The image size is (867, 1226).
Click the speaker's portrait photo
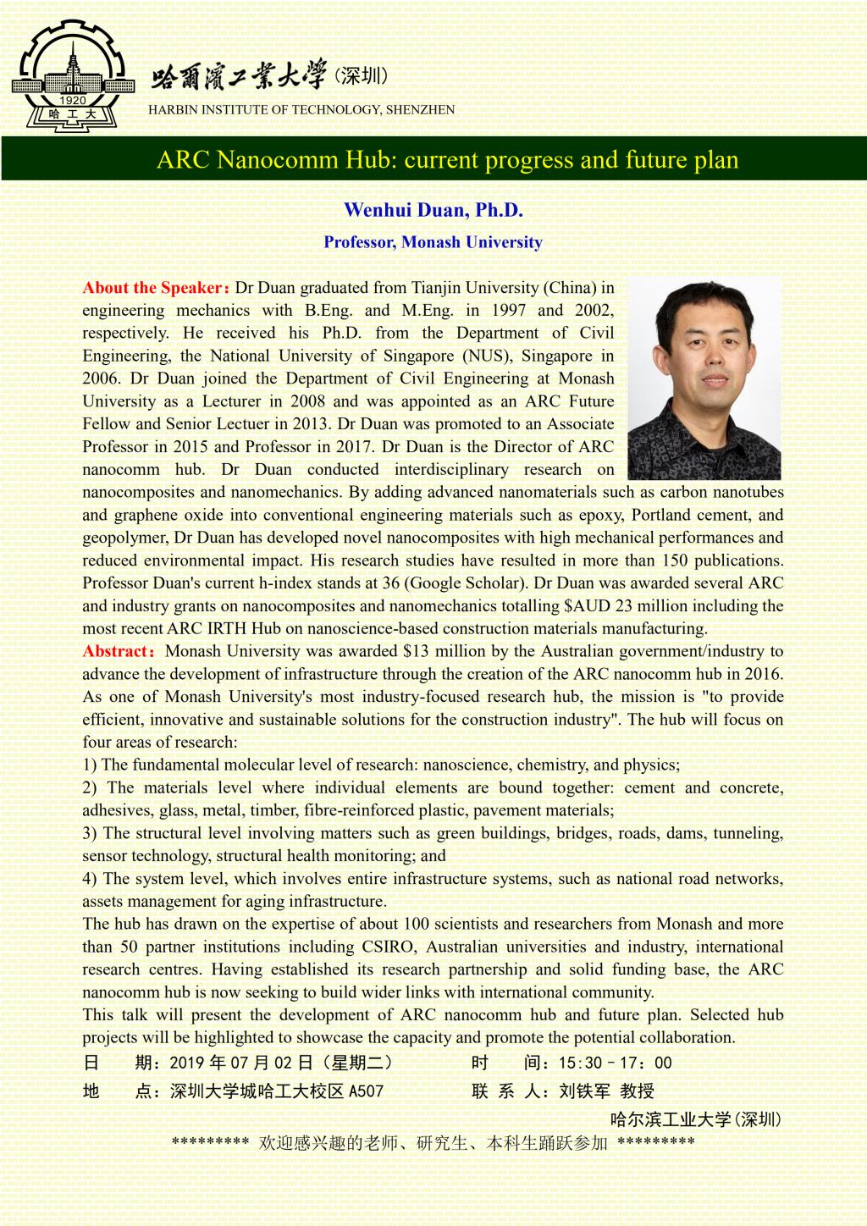pos(704,378)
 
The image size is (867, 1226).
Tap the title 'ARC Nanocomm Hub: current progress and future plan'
pos(447,160)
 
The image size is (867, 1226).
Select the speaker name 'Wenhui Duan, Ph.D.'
pos(433,210)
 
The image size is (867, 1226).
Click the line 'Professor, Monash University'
pos(433,242)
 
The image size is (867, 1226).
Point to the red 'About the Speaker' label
pos(152,288)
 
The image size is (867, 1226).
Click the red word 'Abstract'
pos(116,651)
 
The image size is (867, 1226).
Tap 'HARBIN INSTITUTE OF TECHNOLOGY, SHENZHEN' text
pos(301,109)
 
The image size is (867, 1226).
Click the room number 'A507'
pos(366,1091)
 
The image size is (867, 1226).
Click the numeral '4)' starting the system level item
pos(90,879)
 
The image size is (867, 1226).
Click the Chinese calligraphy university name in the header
pos(238,78)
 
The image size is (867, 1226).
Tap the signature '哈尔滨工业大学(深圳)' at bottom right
pos(696,1119)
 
